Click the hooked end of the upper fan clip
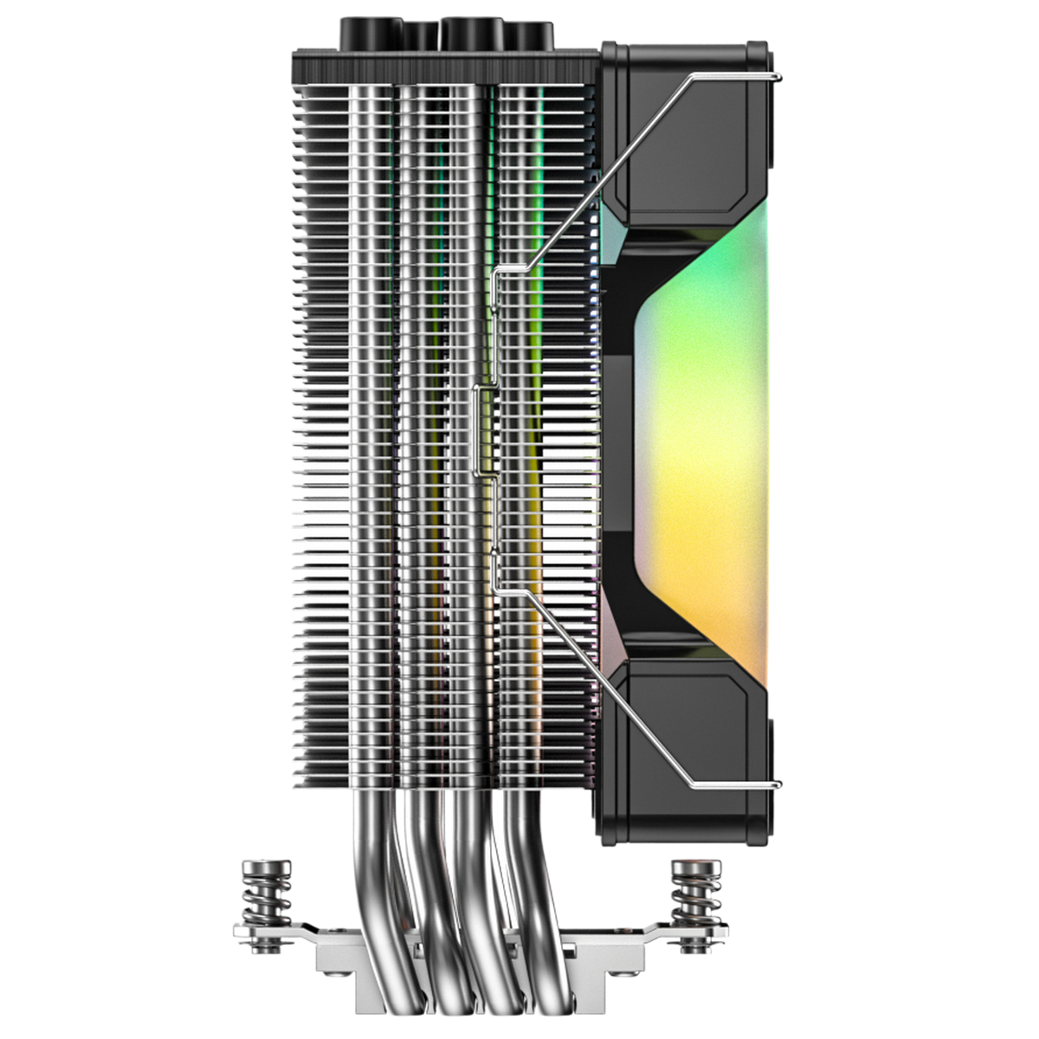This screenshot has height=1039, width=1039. (778, 79)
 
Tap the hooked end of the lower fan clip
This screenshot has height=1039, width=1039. (778, 784)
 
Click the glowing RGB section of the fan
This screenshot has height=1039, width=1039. (701, 433)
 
